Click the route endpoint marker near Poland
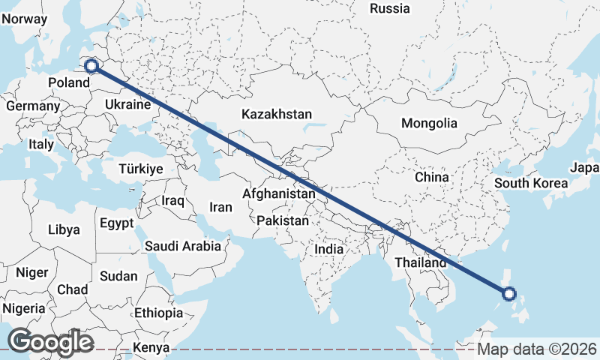tap(91, 65)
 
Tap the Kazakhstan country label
tap(276, 115)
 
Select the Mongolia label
tap(429, 124)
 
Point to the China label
tap(431, 177)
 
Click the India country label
tap(328, 249)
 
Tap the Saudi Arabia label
tap(183, 245)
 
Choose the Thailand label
tap(421, 262)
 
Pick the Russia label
tap(390, 9)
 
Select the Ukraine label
tap(128, 104)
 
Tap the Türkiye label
tap(140, 169)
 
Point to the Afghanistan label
tap(279, 193)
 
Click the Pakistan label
tap(283, 221)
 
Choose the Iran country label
tap(220, 207)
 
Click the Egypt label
tap(116, 223)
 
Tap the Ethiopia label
tap(158, 313)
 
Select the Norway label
tap(19, 17)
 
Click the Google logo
tap(49, 341)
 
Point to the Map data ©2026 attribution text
tap(537, 349)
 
